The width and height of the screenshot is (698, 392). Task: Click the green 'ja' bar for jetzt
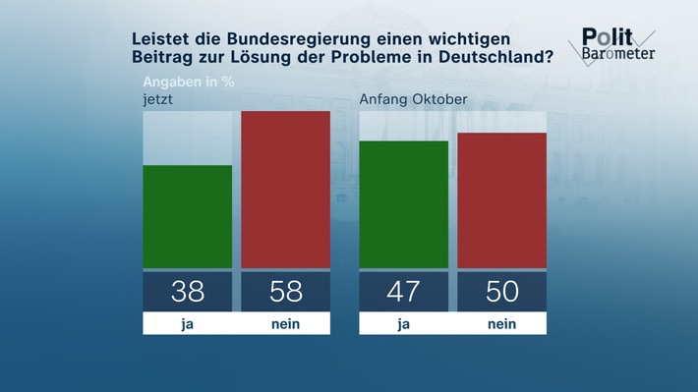coord(188,216)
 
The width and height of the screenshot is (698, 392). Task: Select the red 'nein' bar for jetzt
coord(285,190)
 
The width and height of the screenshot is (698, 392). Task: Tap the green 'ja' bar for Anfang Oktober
coord(404,204)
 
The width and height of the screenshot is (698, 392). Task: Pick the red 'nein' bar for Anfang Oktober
coord(501,200)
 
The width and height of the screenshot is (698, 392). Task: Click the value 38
coord(188,292)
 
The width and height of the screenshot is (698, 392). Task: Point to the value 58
coord(285,292)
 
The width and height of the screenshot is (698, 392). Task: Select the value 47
coord(404,292)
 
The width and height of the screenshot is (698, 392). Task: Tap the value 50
coord(501,292)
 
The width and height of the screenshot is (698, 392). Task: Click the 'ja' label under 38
coord(188,324)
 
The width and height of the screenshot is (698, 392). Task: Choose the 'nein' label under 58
coord(285,324)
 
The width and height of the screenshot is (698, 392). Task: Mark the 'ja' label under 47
coord(404,324)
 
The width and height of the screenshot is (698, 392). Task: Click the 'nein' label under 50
coord(501,324)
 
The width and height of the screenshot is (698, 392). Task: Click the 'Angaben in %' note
coord(191,81)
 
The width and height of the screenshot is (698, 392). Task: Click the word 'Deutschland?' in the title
coord(495,56)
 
